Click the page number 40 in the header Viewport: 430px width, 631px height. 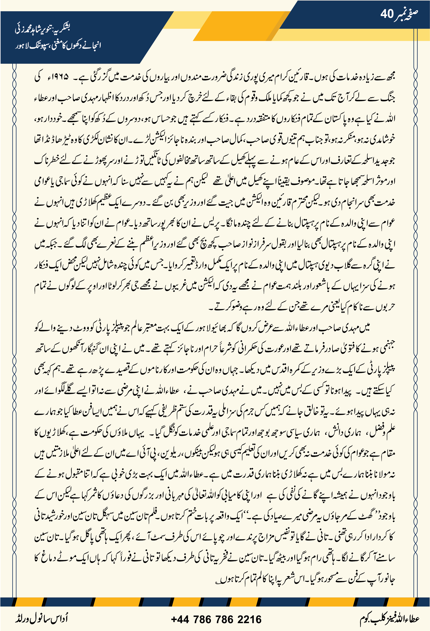(x=387, y=14)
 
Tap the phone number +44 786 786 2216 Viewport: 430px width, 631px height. (x=216, y=619)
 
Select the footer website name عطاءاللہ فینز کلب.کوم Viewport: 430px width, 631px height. (x=389, y=619)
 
